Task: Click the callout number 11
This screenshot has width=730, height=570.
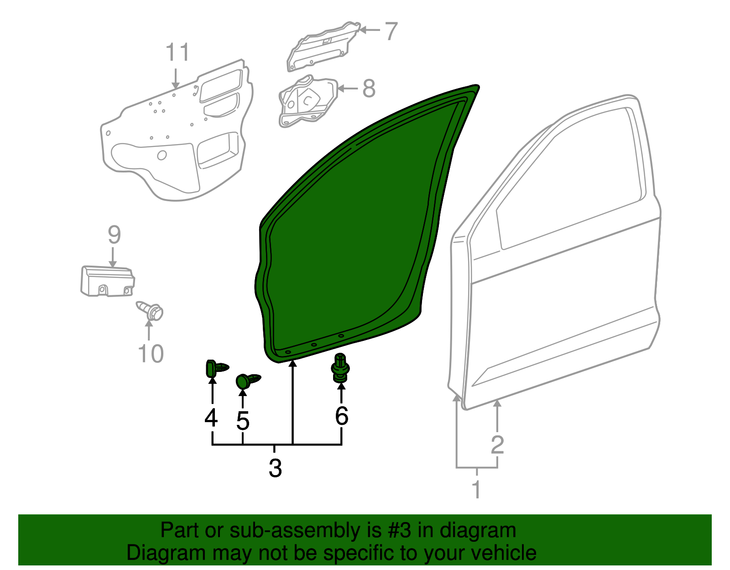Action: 177,53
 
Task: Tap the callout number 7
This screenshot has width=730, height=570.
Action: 391,31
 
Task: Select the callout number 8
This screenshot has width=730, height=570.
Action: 369,89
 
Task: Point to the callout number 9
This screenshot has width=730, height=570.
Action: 114,235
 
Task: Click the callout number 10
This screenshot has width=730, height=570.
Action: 151,354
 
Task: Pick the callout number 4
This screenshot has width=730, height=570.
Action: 211,418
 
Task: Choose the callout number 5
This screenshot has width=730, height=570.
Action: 243,421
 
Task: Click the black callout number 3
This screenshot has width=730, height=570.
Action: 275,468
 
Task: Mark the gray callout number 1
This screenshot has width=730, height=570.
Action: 476,490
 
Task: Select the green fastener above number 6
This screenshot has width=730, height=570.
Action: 340,367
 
